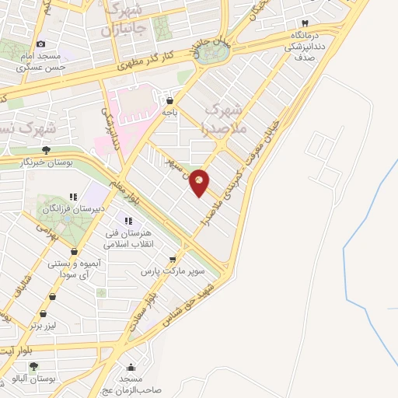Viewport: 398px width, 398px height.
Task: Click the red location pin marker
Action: [200, 182]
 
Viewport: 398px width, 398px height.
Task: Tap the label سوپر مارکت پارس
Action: [172, 273]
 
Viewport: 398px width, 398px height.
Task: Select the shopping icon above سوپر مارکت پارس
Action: [173, 260]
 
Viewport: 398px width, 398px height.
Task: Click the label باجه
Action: [170, 113]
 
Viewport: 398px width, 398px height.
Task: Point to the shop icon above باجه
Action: [170, 100]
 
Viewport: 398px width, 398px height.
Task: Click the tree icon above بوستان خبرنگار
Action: [47, 150]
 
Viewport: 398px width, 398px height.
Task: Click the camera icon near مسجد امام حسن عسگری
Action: [40, 44]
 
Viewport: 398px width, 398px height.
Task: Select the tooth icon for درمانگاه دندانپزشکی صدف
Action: [305, 24]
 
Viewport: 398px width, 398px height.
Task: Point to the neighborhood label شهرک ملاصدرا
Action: [225, 116]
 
